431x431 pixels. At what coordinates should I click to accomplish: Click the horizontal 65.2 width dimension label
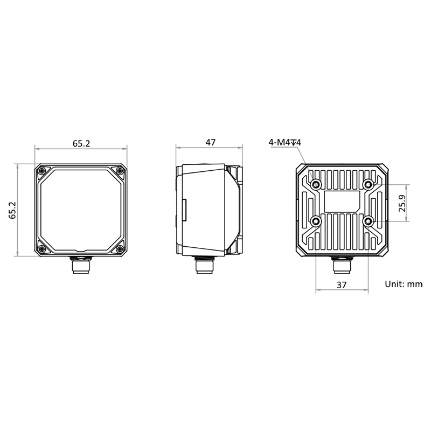(81, 143)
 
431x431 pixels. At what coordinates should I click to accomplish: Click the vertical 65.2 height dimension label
(12, 210)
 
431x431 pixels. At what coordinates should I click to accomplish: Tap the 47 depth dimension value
(211, 142)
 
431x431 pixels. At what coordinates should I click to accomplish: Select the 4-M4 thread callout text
(285, 142)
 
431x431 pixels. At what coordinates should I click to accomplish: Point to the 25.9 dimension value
(402, 203)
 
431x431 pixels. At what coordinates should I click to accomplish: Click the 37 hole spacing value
(342, 285)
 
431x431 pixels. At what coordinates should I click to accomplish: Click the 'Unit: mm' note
(404, 284)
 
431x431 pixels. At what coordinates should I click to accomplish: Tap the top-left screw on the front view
(42, 171)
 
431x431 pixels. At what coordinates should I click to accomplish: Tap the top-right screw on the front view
(120, 171)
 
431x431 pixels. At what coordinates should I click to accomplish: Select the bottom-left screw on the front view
(42, 249)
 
